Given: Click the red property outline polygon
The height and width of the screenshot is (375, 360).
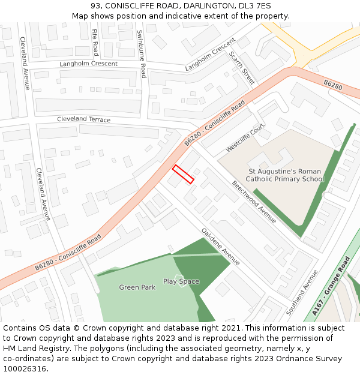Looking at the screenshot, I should tap(184, 174).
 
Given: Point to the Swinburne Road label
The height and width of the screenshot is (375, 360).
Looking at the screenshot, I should tap(142, 54).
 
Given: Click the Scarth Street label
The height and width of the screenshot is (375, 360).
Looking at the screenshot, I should tap(242, 67).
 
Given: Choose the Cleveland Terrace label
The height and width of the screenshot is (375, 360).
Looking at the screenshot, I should tap(83, 119).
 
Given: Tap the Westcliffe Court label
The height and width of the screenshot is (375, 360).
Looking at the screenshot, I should tap(245, 138).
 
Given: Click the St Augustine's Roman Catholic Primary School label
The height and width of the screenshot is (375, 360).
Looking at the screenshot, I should tap(286, 175).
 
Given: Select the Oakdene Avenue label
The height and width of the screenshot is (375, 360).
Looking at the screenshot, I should tap(220, 246).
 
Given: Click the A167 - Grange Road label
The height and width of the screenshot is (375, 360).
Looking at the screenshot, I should tap(331, 286).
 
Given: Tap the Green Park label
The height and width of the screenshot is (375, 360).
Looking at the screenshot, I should tap(137, 287).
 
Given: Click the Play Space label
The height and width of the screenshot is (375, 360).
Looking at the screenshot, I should tap(181, 281).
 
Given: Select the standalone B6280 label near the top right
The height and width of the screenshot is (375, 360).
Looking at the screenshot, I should tap(332, 86).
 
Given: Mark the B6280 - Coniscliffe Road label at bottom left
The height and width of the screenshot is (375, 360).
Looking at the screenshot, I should tap(67, 252).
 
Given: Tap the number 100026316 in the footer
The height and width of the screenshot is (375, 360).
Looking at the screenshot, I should tap(25, 368).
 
